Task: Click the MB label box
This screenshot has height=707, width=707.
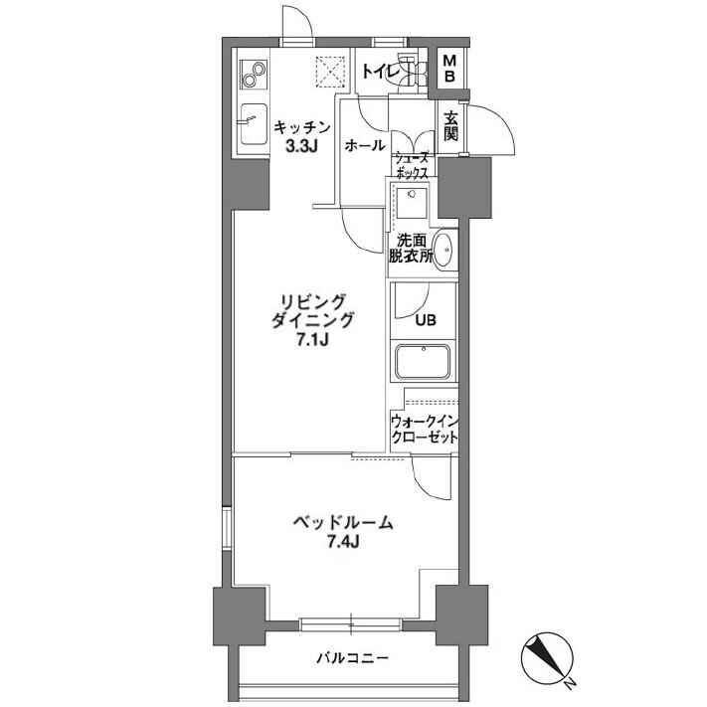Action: pyautogui.click(x=449, y=68)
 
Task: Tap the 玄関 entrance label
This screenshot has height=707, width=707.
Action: pyautogui.click(x=450, y=126)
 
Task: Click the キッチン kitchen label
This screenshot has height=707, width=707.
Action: pyautogui.click(x=302, y=127)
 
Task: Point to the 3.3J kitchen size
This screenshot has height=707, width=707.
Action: pyautogui.click(x=301, y=147)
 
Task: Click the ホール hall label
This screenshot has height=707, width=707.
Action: pyautogui.click(x=365, y=145)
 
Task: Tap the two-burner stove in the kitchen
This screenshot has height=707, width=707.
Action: pyautogui.click(x=253, y=75)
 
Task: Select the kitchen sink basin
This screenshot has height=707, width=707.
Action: pyautogui.click(x=254, y=124)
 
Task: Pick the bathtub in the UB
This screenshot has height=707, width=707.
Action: pyautogui.click(x=423, y=362)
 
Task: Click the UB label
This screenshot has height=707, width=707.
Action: pyautogui.click(x=426, y=320)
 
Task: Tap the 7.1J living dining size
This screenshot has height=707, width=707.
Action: pyautogui.click(x=311, y=340)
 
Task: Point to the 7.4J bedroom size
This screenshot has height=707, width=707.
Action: pyautogui.click(x=343, y=542)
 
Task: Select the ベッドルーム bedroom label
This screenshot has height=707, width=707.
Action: pyautogui.click(x=343, y=522)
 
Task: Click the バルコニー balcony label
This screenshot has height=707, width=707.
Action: pyautogui.click(x=352, y=658)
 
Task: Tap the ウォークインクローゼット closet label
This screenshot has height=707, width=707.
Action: pyautogui.click(x=425, y=430)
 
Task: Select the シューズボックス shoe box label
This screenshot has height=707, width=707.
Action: pyautogui.click(x=411, y=165)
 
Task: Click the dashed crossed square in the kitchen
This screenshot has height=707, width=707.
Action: pyautogui.click(x=331, y=72)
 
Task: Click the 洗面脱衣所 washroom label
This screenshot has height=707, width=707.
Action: pyautogui.click(x=411, y=249)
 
